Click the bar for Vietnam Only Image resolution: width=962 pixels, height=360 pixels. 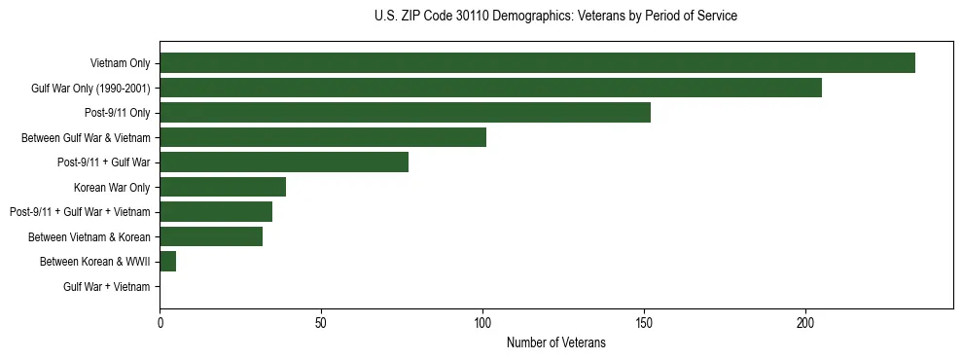click(537, 63)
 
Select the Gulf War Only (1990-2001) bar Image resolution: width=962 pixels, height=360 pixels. click(490, 88)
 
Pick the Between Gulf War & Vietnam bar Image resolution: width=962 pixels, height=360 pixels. click(323, 137)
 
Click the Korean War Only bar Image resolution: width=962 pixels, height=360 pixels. click(223, 187)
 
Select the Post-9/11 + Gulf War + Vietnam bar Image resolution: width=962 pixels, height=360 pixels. click(216, 212)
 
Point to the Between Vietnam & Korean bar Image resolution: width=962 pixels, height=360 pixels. click(211, 236)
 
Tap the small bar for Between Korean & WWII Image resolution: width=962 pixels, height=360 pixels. click(168, 262)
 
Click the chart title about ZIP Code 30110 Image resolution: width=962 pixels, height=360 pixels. click(555, 17)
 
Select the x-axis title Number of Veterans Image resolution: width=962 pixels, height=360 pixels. click(555, 342)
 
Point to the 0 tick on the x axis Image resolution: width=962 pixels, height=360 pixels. click(160, 323)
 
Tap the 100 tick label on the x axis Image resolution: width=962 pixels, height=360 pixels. click(482, 323)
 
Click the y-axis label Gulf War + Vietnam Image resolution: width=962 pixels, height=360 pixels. click(107, 287)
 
